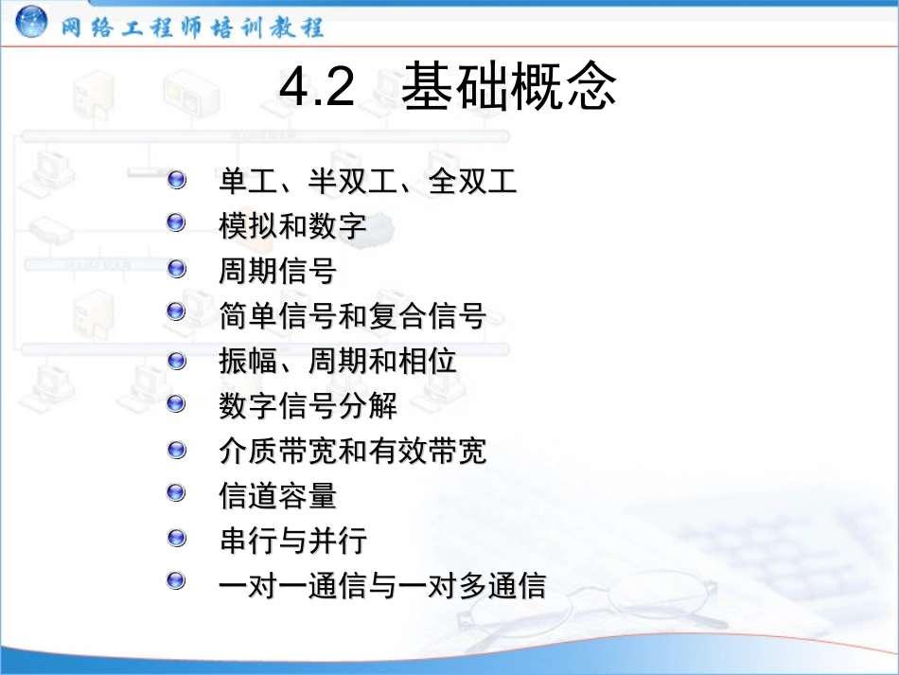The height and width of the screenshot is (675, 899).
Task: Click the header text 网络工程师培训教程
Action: (x=193, y=27)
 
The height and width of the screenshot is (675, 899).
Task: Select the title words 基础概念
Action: (x=509, y=88)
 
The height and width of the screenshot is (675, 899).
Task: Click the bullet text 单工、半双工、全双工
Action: (x=368, y=181)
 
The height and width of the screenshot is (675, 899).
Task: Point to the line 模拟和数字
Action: (x=292, y=227)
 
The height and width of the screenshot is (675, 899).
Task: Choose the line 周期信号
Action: (x=277, y=272)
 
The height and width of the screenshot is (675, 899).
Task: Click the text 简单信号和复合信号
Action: (x=352, y=316)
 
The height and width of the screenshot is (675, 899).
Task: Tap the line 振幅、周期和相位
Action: (x=338, y=362)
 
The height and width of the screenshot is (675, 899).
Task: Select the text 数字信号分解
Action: (x=308, y=406)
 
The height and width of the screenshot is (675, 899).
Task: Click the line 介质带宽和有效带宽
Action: (x=352, y=452)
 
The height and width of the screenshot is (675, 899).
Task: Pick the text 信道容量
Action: (x=277, y=496)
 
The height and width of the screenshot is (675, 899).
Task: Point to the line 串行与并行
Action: (x=292, y=542)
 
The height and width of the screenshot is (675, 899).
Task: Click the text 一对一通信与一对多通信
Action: (x=382, y=586)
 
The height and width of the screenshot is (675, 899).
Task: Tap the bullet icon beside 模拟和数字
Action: (x=176, y=223)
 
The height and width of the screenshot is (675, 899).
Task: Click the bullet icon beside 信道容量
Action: (x=176, y=492)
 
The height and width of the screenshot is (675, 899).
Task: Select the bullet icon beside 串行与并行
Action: (x=176, y=538)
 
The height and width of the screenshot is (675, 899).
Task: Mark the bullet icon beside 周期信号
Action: (x=176, y=269)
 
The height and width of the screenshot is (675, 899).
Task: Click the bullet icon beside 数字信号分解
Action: (x=176, y=403)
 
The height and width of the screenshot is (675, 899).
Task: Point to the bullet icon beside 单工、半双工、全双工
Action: (x=176, y=178)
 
